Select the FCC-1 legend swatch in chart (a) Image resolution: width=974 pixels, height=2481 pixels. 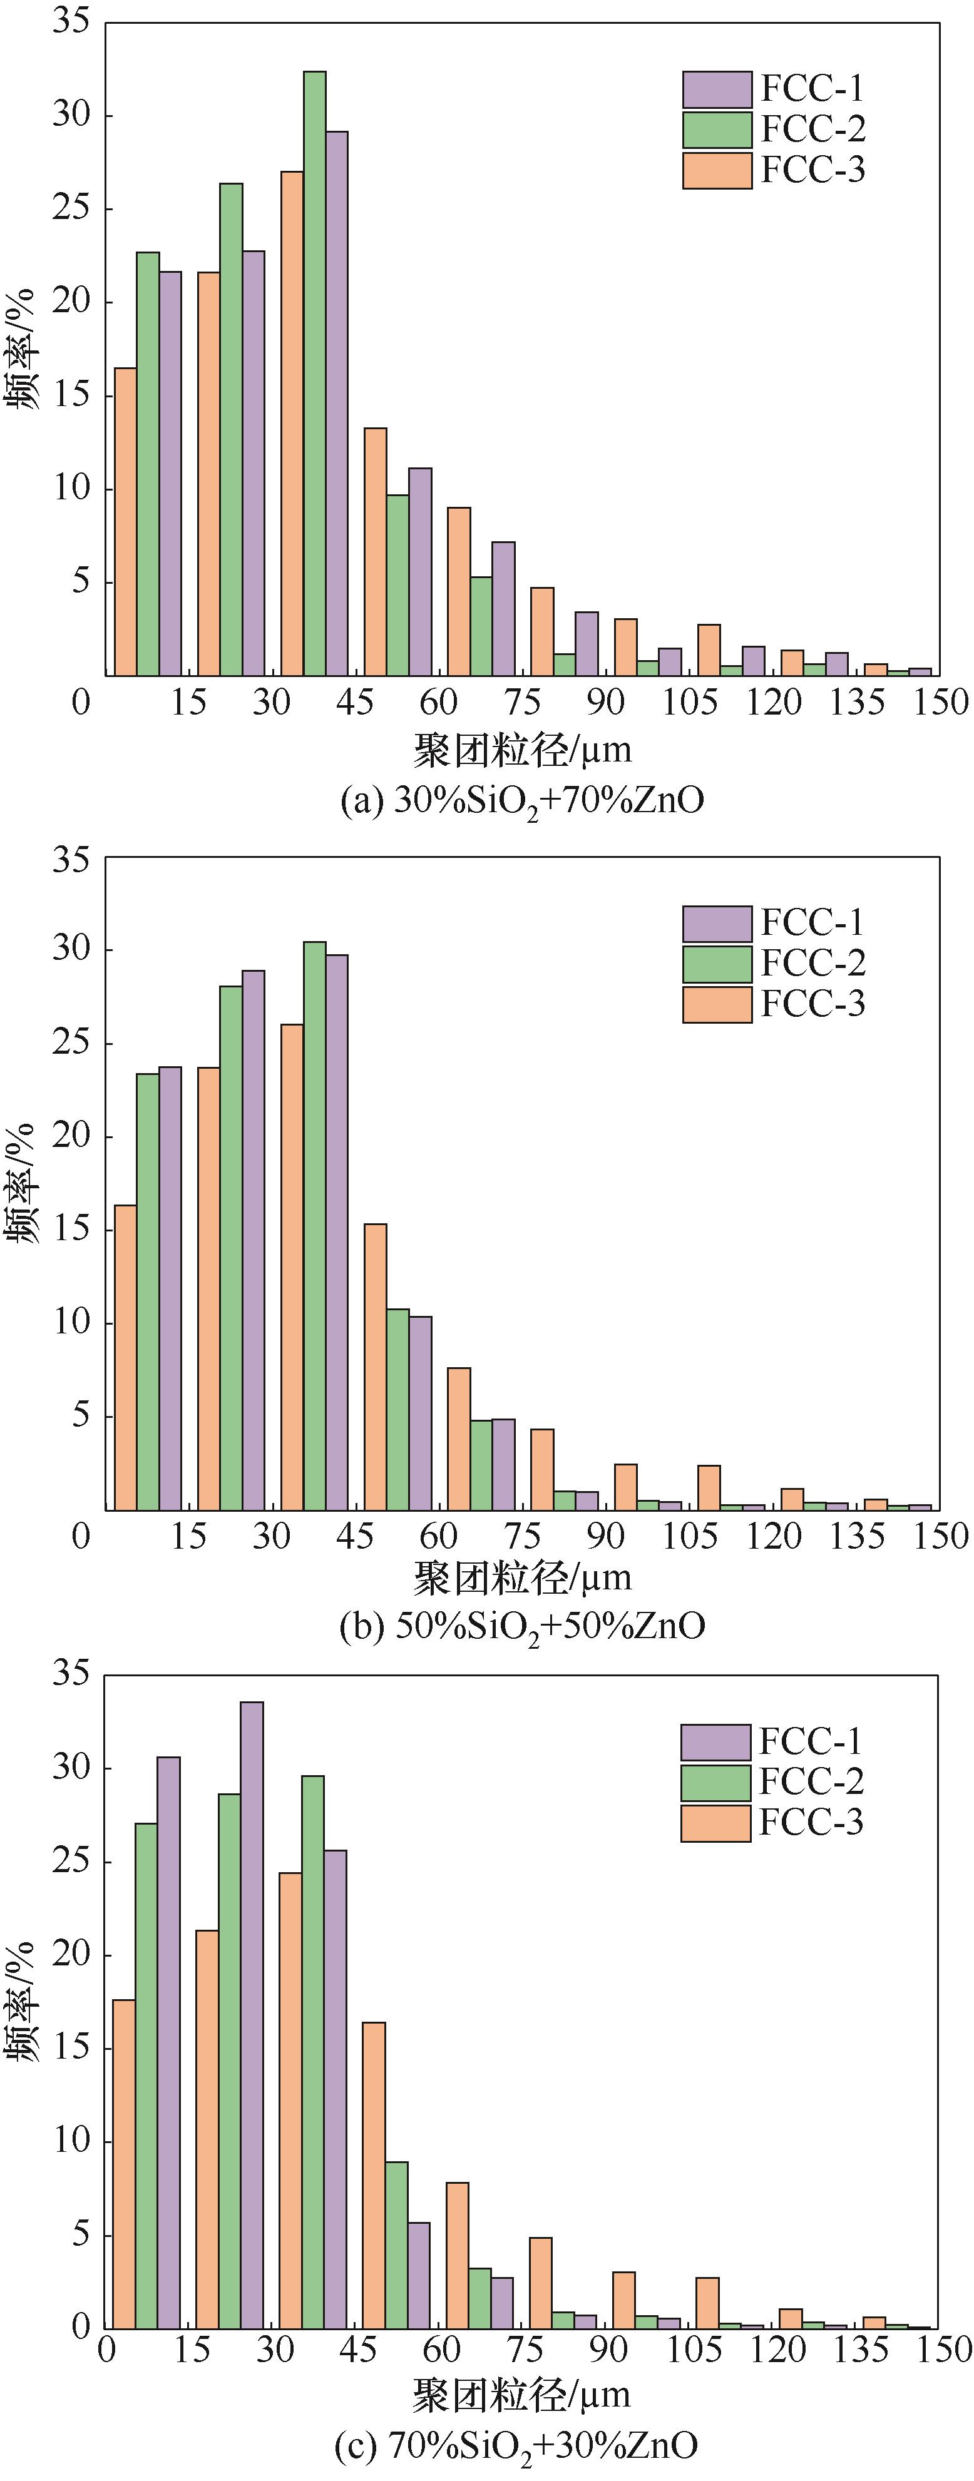[717, 89]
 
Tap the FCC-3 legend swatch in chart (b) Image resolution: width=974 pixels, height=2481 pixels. [717, 1004]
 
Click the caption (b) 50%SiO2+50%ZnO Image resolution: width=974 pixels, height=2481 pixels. [522, 1627]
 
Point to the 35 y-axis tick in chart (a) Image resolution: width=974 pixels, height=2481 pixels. [70, 21]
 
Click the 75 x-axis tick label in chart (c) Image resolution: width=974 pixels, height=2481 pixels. [525, 2351]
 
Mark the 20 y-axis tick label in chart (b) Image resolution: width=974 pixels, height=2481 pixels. [70, 1136]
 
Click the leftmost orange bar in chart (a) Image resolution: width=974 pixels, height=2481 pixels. [125, 521]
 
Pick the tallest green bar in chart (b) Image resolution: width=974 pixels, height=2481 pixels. [315, 1225]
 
